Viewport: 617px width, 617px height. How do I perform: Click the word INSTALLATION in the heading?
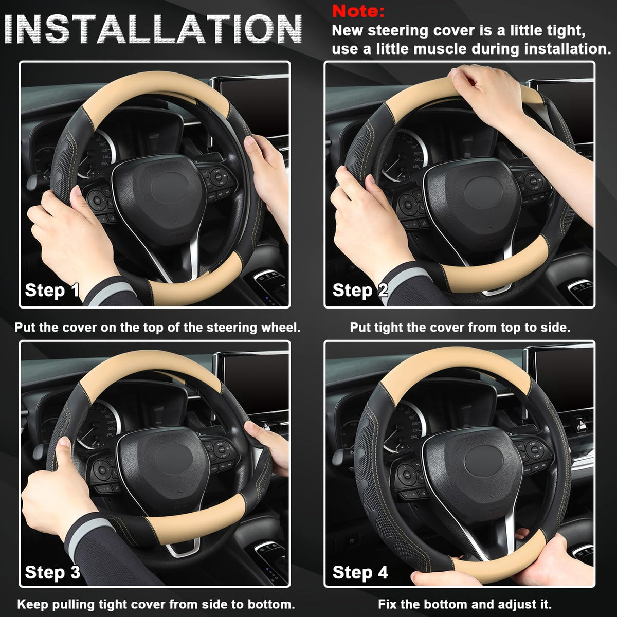coord(153,29)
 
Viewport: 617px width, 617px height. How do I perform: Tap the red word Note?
coord(358,11)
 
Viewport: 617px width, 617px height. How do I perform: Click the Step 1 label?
coord(52,290)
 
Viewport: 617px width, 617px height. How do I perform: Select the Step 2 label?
coord(360,290)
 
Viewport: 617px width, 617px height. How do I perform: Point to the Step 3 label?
coord(52,572)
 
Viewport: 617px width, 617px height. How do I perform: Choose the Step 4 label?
coord(360,572)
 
